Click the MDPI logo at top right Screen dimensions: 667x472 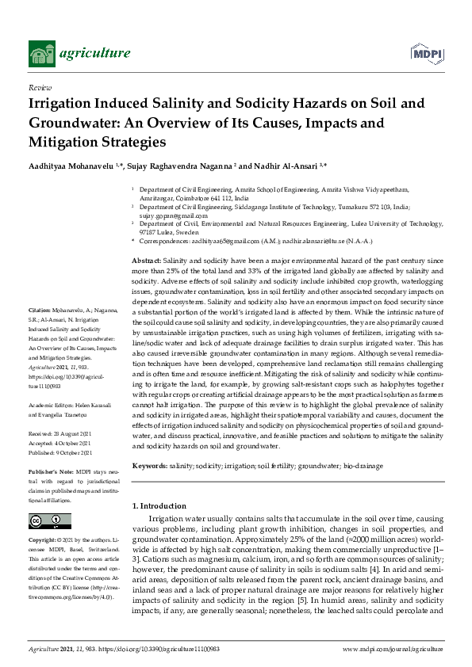coord(425,53)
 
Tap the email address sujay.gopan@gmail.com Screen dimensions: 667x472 coord(174,215)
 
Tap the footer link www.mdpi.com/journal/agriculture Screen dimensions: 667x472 coord(393,650)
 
